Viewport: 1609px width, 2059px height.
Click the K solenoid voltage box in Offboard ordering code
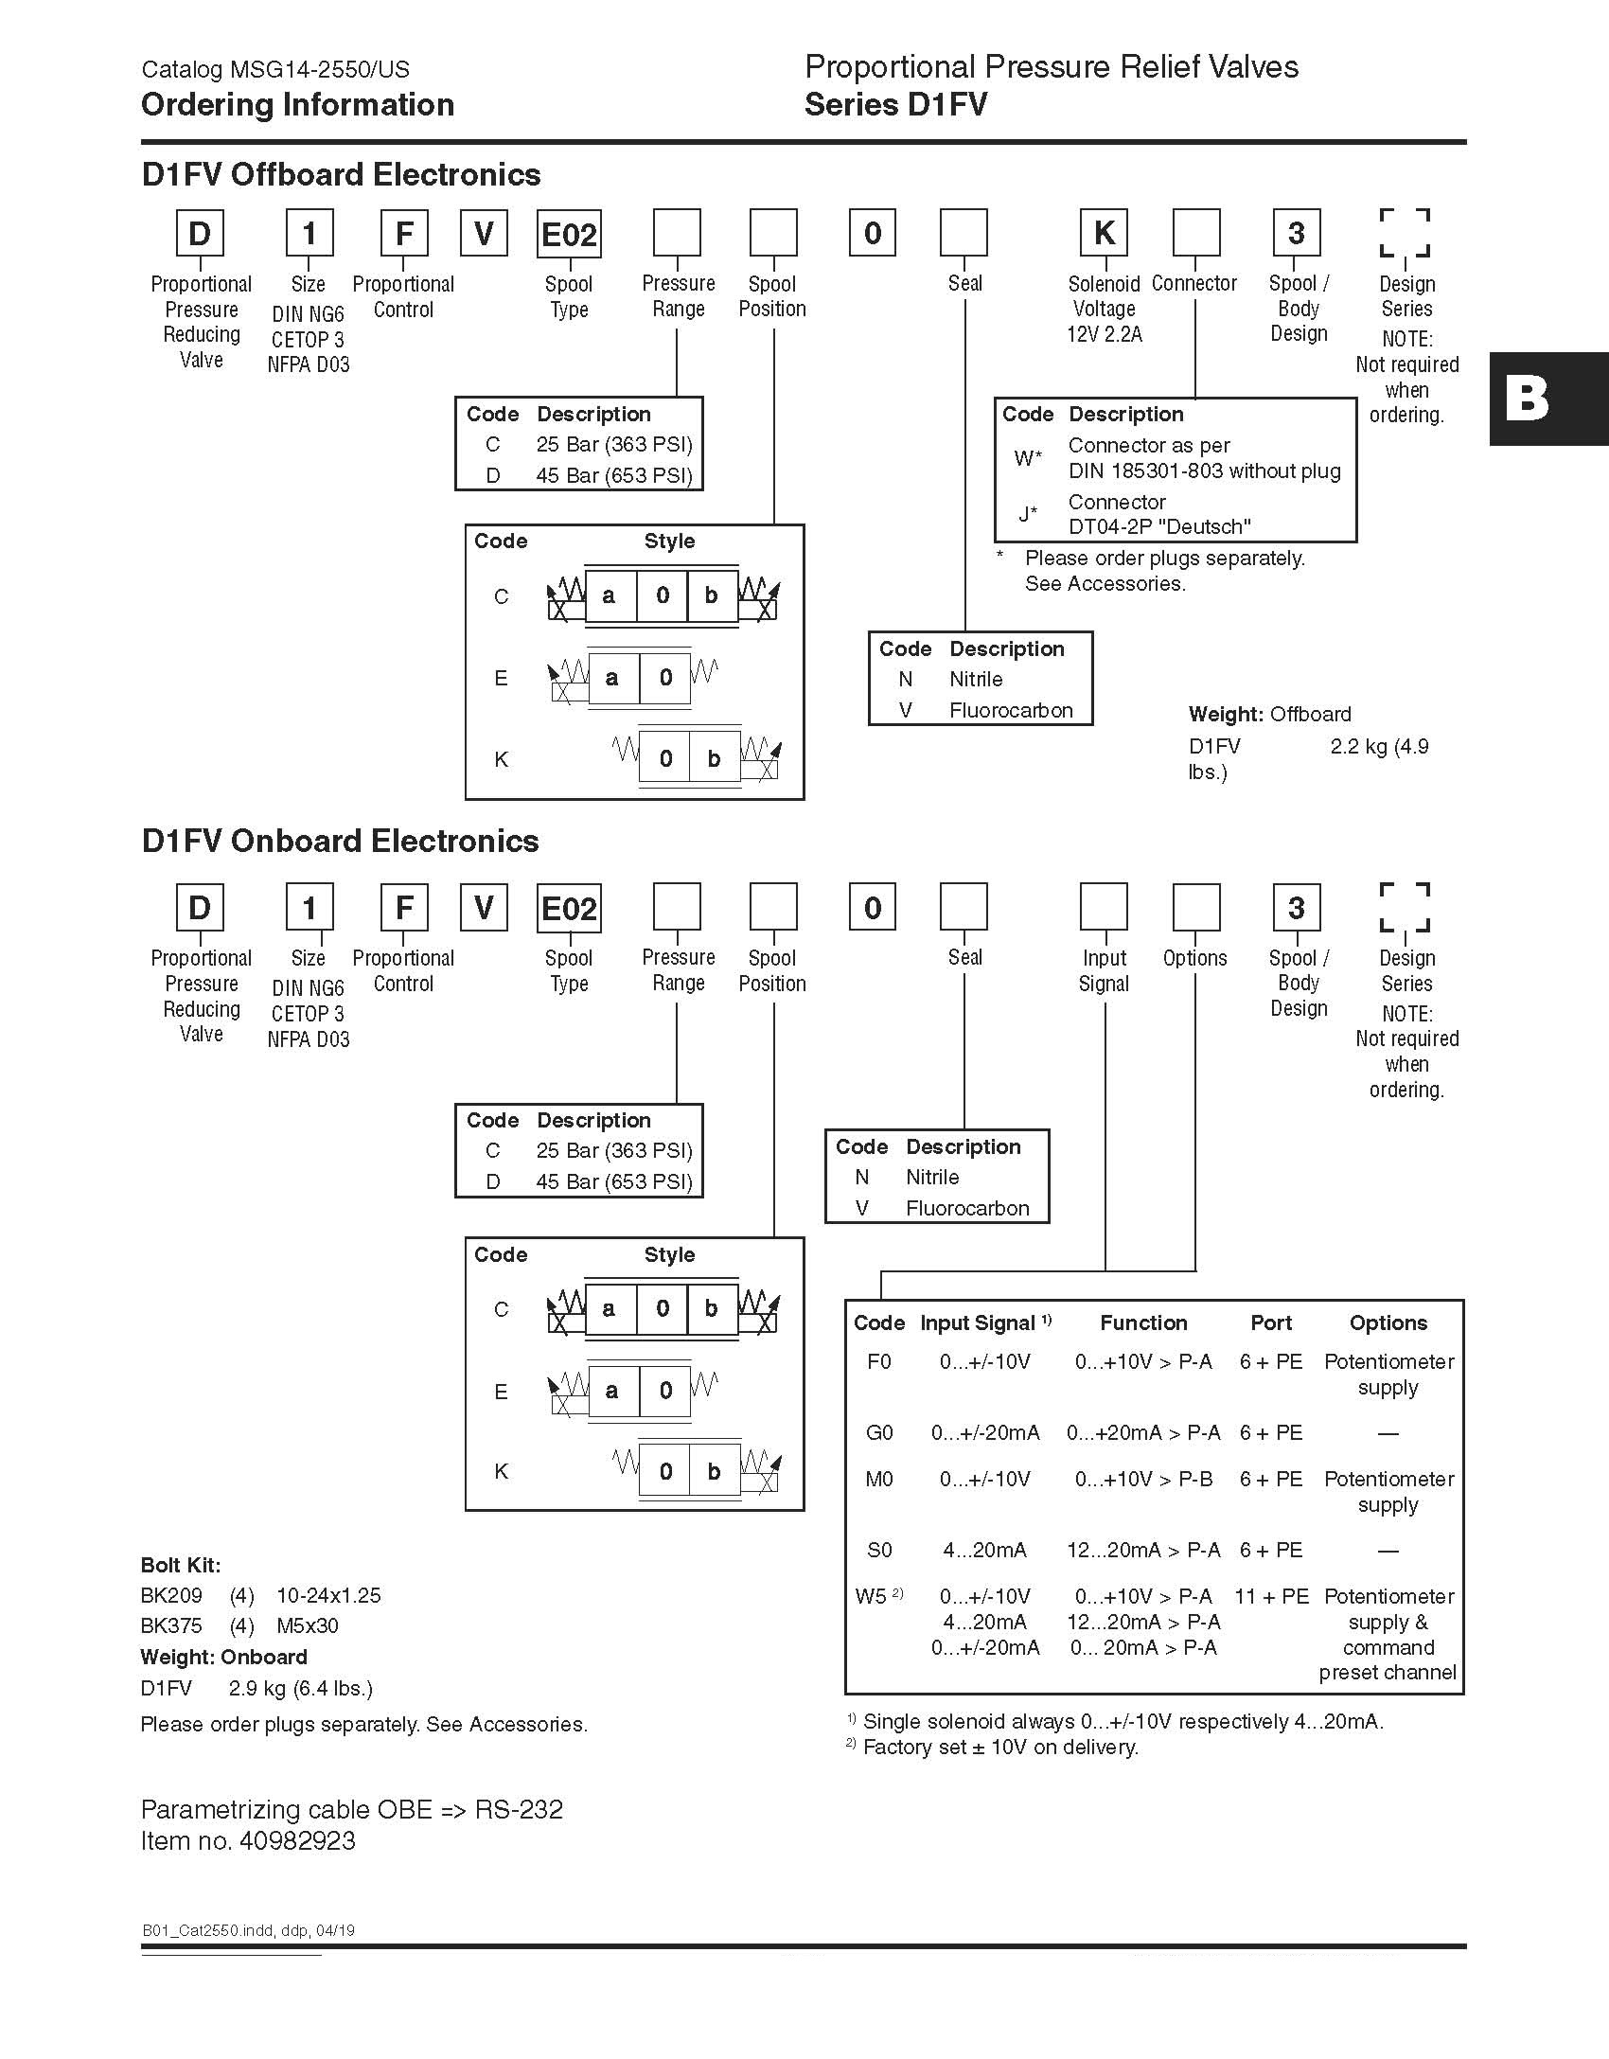[1104, 233]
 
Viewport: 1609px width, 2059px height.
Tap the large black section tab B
[1548, 399]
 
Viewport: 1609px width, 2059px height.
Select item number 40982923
[297, 1841]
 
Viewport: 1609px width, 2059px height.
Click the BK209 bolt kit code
[171, 1595]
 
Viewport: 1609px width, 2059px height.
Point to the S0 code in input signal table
[879, 1550]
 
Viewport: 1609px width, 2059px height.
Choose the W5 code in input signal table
[872, 1596]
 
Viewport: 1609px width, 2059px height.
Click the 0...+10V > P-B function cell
[1143, 1479]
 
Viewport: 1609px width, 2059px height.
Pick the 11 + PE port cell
[1271, 1596]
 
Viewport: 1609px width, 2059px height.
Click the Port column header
[1271, 1322]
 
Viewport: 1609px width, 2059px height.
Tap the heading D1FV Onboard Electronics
[340, 841]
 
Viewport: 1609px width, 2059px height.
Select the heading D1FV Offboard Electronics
[341, 174]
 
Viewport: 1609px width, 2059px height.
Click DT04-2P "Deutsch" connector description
[1159, 526]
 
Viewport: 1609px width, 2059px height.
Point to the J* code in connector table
[1028, 514]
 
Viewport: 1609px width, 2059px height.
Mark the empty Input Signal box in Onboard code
[1104, 907]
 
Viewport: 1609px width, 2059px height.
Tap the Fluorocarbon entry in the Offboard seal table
[1011, 710]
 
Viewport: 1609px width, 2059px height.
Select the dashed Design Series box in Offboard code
[1405, 233]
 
